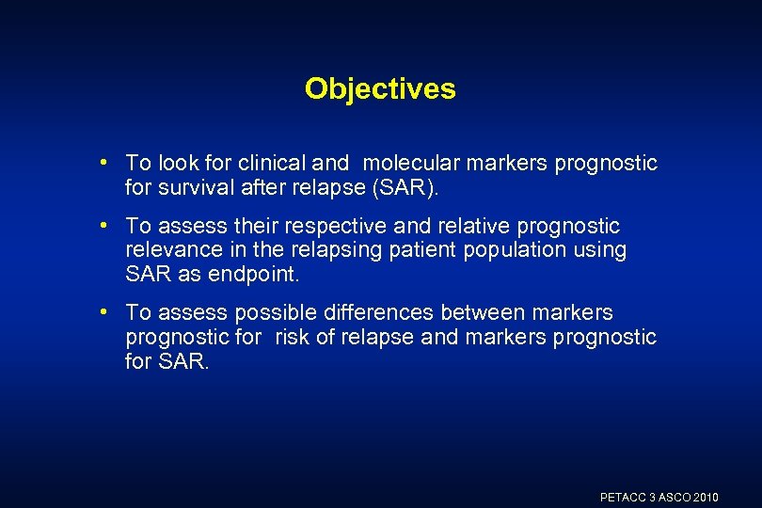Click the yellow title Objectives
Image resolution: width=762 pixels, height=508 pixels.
point(380,89)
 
